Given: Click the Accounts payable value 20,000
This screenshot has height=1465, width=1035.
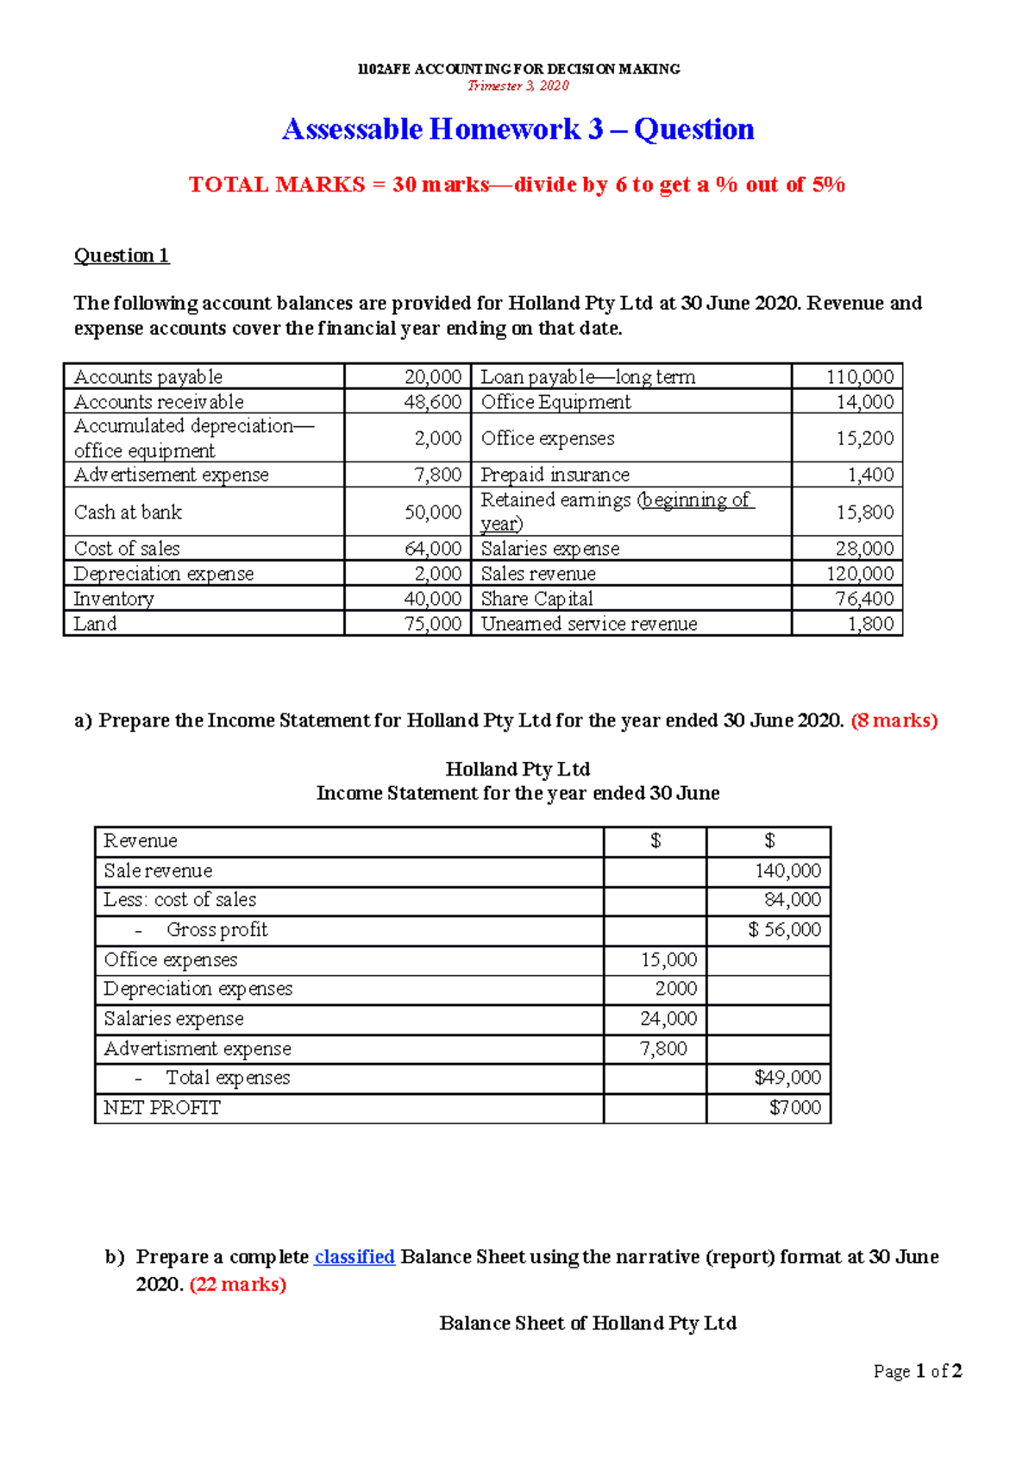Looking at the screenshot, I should [433, 377].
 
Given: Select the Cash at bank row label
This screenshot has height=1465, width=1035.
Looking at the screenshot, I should [128, 512].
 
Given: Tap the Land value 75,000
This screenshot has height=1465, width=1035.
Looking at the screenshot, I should [433, 624].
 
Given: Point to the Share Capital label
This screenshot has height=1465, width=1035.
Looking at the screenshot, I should [536, 599].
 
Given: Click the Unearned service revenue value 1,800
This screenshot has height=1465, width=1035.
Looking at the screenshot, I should [870, 624].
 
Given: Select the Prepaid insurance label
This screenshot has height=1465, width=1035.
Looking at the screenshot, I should [555, 475].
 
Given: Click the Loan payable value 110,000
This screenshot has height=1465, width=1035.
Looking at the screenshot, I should [859, 377].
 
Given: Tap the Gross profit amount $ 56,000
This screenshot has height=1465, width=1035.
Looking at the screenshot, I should [784, 930].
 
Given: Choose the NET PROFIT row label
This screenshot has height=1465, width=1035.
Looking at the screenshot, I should [162, 1108].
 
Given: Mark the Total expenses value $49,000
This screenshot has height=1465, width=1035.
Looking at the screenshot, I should [787, 1078].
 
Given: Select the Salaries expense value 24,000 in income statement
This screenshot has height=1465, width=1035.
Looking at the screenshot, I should [668, 1019].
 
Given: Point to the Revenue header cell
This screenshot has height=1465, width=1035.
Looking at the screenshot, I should [141, 841].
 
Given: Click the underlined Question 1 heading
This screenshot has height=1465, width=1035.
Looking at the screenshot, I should [122, 255].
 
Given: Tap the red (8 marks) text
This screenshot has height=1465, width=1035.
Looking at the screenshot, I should [894, 720].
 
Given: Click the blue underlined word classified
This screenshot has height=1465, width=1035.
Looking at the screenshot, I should [354, 1257].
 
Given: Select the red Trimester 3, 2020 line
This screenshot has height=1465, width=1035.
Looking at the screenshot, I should [517, 85].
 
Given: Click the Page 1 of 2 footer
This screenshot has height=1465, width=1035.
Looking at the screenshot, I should [917, 1371].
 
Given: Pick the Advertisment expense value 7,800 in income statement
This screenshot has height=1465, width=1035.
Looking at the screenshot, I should [663, 1049].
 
